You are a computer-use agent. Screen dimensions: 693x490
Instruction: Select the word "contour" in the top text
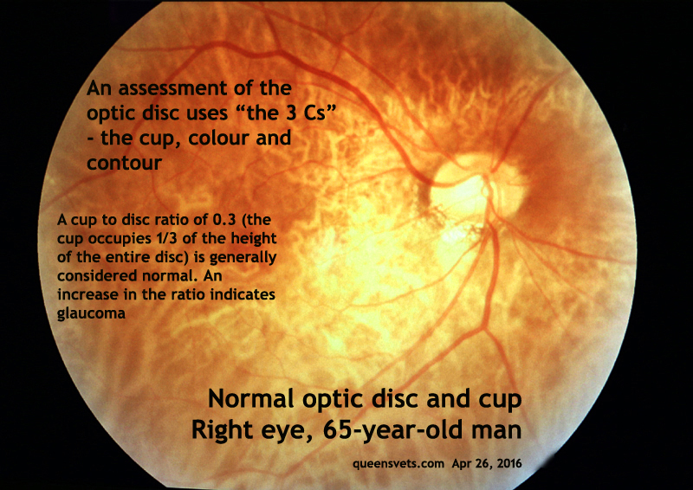(x=124, y=163)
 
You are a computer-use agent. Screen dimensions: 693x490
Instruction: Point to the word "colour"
(x=221, y=139)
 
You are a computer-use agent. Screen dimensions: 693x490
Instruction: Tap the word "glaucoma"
(x=91, y=313)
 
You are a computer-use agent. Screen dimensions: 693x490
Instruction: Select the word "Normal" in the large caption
(x=250, y=399)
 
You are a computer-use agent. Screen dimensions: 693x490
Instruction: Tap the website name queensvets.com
(x=398, y=464)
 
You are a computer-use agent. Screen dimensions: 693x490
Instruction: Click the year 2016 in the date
(x=509, y=463)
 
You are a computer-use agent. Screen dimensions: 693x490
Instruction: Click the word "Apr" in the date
(x=461, y=464)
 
